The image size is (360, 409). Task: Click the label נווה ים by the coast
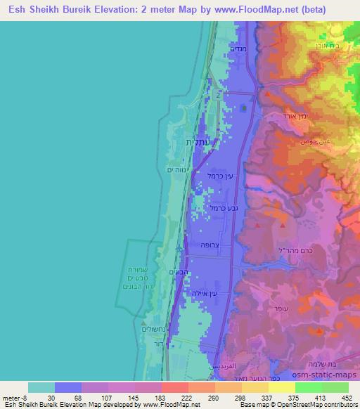pos(174,169)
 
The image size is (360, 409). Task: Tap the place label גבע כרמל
pos(219,208)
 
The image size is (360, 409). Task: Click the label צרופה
pos(212,246)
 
